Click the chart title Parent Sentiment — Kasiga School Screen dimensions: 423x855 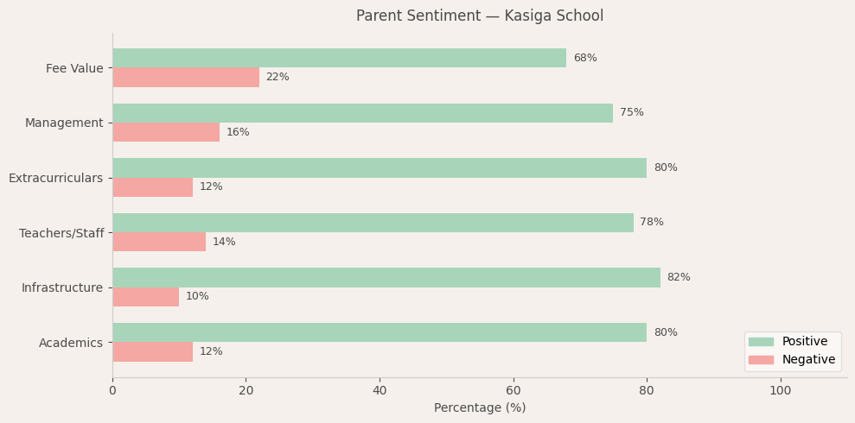pyautogui.click(x=480, y=16)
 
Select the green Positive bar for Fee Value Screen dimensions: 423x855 pyautogui.click(x=339, y=58)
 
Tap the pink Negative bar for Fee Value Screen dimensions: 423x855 pyautogui.click(x=186, y=78)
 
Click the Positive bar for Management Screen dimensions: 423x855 pyautogui.click(x=362, y=113)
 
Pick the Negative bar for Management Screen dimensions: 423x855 pyautogui.click(x=166, y=132)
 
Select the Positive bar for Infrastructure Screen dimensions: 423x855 pyautogui.click(x=386, y=277)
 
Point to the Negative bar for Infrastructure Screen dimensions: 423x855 pyautogui.click(x=145, y=297)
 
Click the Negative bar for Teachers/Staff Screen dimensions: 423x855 pyautogui.click(x=159, y=242)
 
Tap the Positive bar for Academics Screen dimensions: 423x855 pyautogui.click(x=380, y=332)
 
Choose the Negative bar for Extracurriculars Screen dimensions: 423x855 pyautogui.click(x=152, y=187)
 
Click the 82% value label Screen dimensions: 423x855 pyautogui.click(x=679, y=278)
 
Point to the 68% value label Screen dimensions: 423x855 pyautogui.click(x=585, y=58)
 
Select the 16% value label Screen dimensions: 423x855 pyautogui.click(x=238, y=133)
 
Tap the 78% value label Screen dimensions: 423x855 pyautogui.click(x=652, y=223)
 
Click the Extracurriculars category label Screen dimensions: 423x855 pyautogui.click(x=56, y=178)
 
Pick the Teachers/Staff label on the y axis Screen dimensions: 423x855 pyautogui.click(x=61, y=233)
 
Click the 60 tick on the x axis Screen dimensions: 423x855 pyautogui.click(x=514, y=391)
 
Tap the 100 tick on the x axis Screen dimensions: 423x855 pyautogui.click(x=781, y=391)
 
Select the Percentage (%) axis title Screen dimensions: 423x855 pyautogui.click(x=480, y=408)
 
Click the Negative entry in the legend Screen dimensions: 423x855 pyautogui.click(x=808, y=360)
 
